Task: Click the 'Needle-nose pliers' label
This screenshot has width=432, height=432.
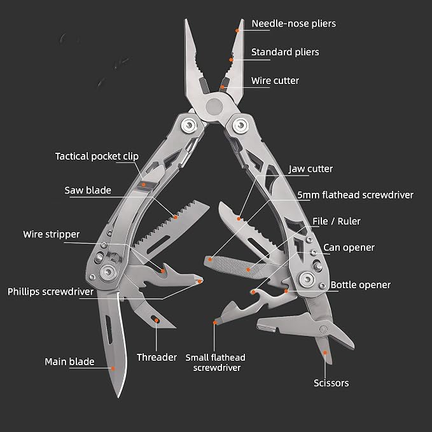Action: tap(294, 24)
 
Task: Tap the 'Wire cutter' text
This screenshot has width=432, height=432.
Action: tap(275, 81)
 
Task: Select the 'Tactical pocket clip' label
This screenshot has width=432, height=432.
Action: tap(97, 157)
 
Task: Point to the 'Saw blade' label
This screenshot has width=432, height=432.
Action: tap(88, 190)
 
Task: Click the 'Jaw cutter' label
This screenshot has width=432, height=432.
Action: tap(310, 169)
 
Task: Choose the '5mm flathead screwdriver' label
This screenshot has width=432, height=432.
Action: tap(356, 195)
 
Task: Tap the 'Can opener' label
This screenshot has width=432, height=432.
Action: tap(349, 247)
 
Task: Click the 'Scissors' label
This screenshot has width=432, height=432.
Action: tap(331, 383)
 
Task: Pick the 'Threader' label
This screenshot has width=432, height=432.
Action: tap(157, 358)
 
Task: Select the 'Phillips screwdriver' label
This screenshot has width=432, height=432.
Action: tap(50, 292)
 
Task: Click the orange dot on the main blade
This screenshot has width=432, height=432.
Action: tap(113, 368)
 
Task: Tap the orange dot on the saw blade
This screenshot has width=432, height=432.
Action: tap(176, 217)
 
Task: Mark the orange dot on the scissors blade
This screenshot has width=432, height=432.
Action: tap(325, 352)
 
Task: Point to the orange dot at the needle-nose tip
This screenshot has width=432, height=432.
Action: tap(237, 31)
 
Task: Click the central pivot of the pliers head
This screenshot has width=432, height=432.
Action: tap(214, 106)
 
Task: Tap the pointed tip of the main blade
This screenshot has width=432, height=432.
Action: tap(119, 397)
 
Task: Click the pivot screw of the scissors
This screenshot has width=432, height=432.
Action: tap(323, 329)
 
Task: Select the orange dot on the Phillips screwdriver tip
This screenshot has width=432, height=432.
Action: tap(200, 281)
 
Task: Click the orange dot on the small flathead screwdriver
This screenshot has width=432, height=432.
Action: tap(215, 323)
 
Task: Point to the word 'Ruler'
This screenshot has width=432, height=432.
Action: tap(349, 221)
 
